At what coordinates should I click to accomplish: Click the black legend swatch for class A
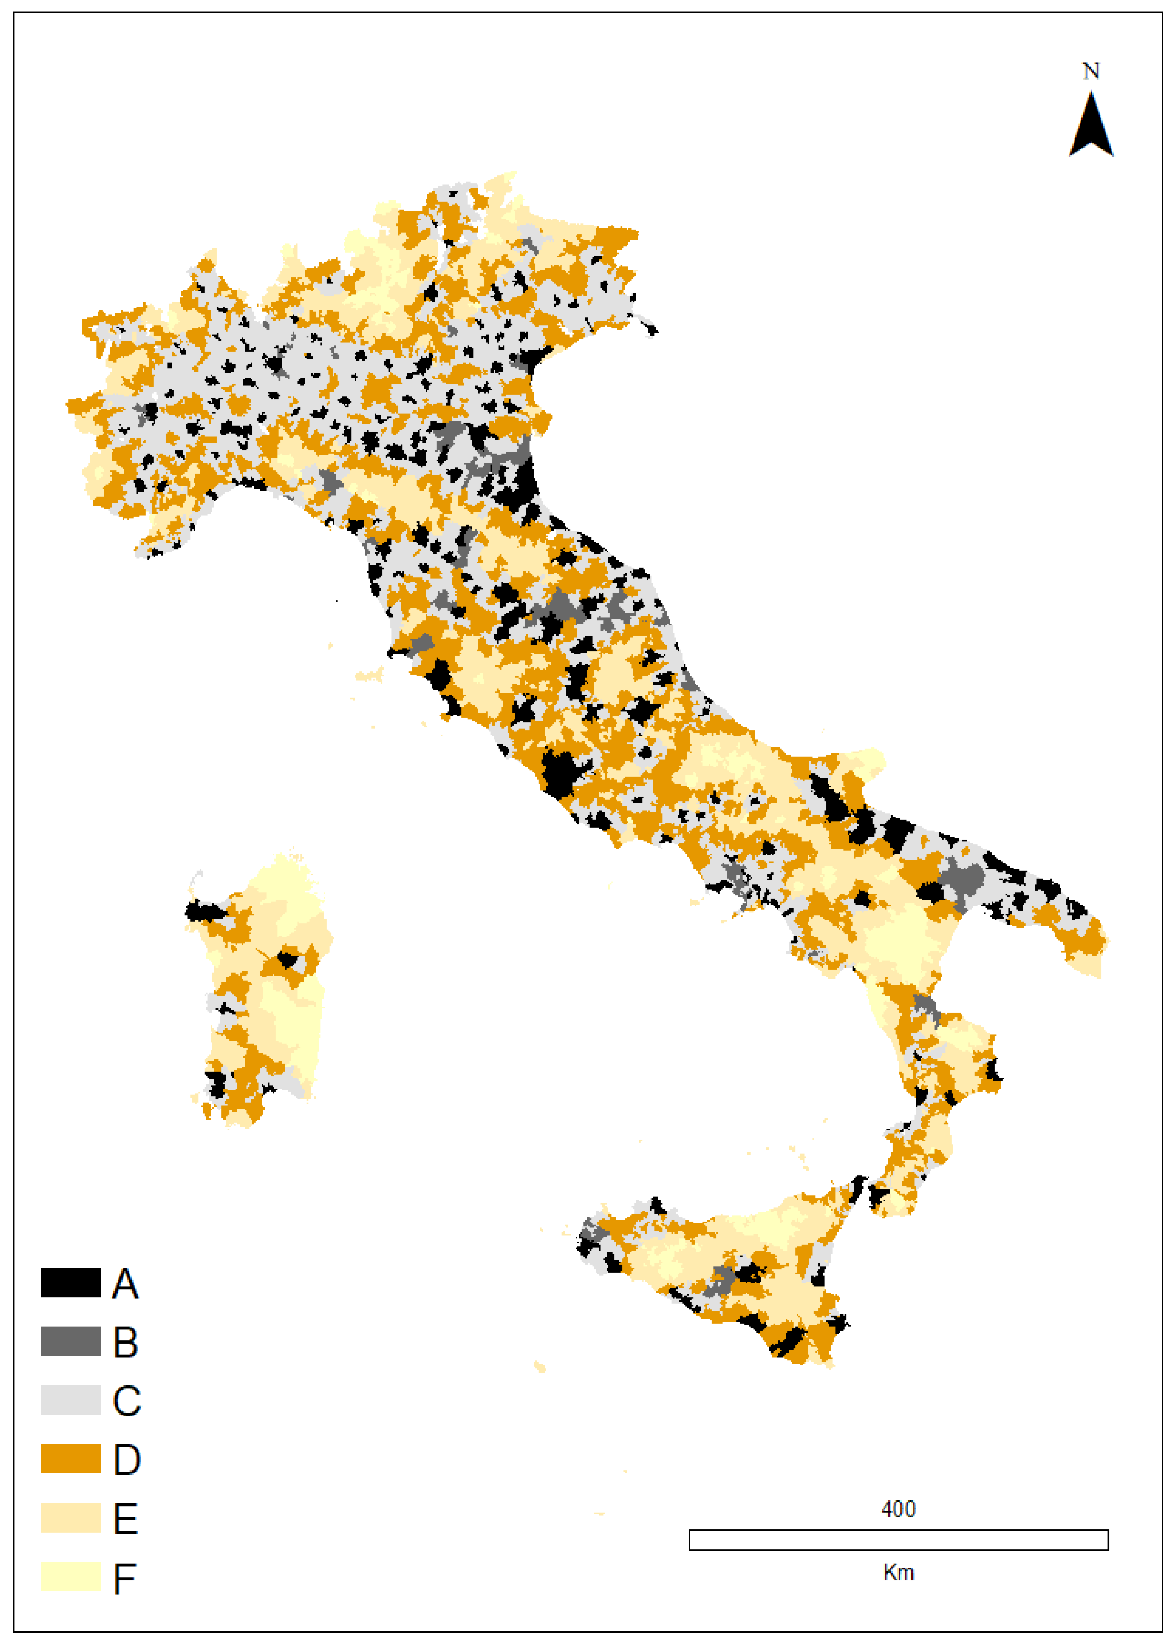(x=70, y=1283)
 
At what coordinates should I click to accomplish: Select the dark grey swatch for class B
(x=70, y=1341)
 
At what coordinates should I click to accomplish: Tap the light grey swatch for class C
(x=70, y=1400)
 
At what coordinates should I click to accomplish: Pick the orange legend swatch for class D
(x=70, y=1458)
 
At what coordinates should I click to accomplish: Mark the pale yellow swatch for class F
(x=70, y=1576)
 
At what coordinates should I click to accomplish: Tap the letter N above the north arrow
(x=1091, y=72)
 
